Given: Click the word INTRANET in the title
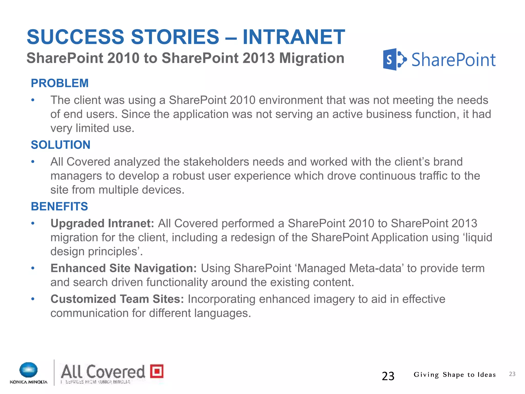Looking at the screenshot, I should coord(294,37).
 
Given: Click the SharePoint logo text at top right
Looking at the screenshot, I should coord(453,60).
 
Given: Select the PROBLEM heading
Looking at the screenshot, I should coord(60,83).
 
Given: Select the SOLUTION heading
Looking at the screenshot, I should coord(61,145).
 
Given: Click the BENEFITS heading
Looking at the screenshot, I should coord(59,206).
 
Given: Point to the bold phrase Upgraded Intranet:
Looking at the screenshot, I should coord(102,223).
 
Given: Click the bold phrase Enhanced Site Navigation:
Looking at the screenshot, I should coord(124,268).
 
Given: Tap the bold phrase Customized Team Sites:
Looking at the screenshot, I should coord(117,299).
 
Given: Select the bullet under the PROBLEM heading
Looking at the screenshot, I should coord(33,100).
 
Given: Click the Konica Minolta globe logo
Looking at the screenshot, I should coord(28,370).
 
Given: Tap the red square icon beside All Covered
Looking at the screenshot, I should coord(157,371).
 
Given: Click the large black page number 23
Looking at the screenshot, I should coord(388,376).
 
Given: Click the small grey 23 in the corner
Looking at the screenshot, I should coord(512,374).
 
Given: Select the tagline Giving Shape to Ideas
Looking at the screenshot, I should coord(455,375).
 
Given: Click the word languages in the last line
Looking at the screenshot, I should coord(222,313).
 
